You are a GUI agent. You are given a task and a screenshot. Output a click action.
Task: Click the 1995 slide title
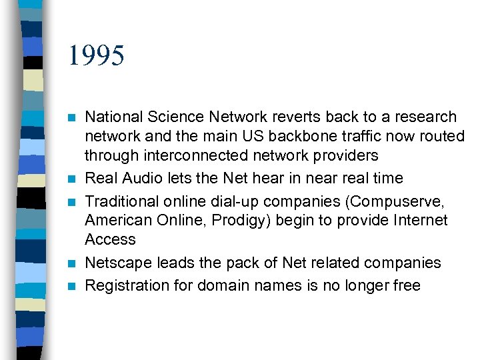(x=96, y=56)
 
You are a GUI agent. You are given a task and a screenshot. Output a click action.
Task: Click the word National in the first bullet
(x=112, y=117)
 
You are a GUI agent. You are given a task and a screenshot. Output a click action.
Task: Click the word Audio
(x=147, y=178)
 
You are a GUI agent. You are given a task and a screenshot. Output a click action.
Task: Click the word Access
(x=110, y=239)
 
